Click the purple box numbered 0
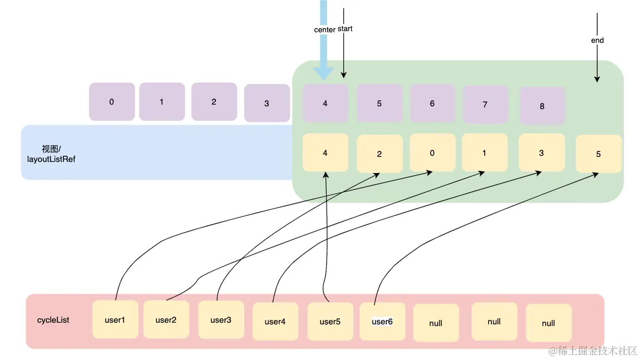pos(112,102)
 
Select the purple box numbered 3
pos(267,103)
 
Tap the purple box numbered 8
pos(542,106)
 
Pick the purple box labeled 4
pos(326,103)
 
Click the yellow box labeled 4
pos(326,152)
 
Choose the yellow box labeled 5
pos(599,154)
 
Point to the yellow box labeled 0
pos(432,152)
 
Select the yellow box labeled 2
pos(379,154)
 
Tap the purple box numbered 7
pos(485,104)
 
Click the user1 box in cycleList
pos(115,319)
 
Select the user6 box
pos(382,322)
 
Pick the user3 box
pos(221,320)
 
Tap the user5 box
pos(331,322)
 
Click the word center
pos(324,29)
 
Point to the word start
pos(345,28)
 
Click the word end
pos(597,40)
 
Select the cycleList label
pos(53,320)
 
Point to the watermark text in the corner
pos(593,351)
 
